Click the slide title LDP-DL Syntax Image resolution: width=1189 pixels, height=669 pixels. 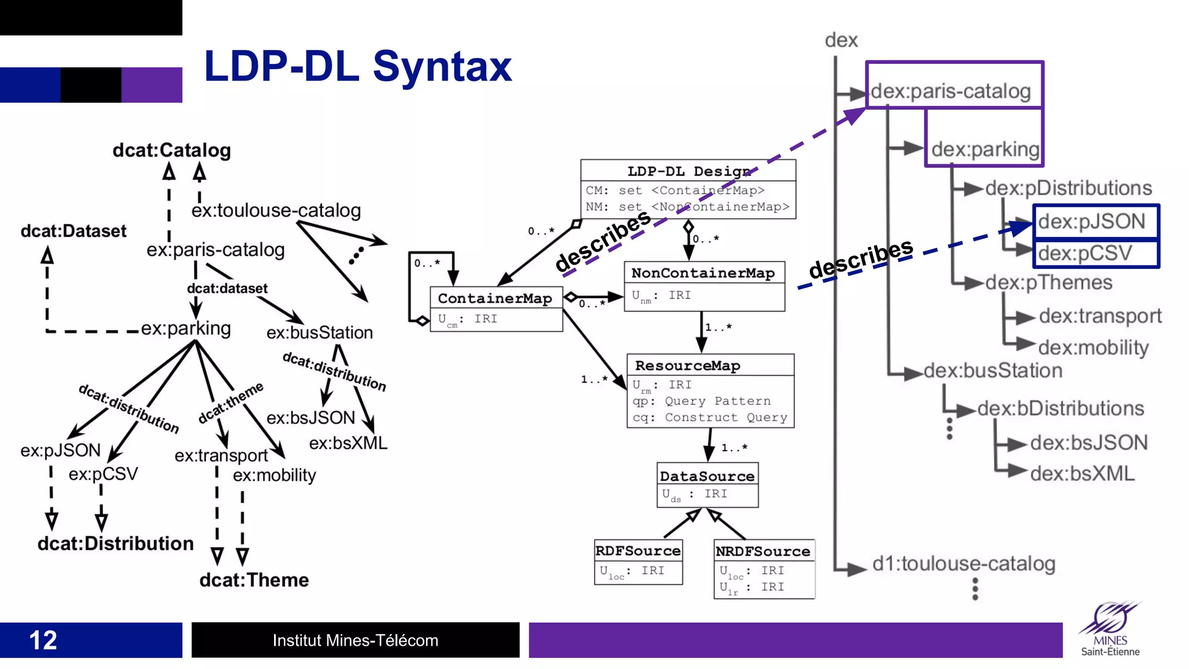(358, 67)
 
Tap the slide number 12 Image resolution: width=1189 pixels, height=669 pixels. (43, 640)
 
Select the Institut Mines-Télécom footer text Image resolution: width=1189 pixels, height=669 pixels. (355, 640)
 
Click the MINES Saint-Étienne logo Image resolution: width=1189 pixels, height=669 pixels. (1110, 630)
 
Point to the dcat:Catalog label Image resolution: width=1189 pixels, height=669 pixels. (172, 150)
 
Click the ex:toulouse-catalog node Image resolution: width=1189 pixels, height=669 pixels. (276, 210)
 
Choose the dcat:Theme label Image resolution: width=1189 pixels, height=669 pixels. (254, 580)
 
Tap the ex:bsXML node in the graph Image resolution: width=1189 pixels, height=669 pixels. (348, 443)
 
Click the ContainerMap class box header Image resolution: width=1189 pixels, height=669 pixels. (495, 298)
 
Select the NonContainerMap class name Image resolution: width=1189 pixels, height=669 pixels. (703, 273)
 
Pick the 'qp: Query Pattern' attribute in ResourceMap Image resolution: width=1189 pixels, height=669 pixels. (701, 401)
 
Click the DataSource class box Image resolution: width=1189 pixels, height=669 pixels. (707, 484)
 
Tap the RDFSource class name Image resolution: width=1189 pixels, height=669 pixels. (638, 551)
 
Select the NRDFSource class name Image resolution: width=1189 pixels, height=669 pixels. (763, 551)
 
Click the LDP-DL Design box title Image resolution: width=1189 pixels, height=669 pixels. (689, 171)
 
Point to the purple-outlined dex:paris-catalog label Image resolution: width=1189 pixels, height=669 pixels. (950, 91)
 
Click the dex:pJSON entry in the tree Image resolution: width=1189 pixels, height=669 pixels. (1091, 221)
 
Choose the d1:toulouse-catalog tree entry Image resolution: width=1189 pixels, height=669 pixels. (964, 563)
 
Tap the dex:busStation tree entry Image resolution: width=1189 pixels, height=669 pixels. (993, 371)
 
